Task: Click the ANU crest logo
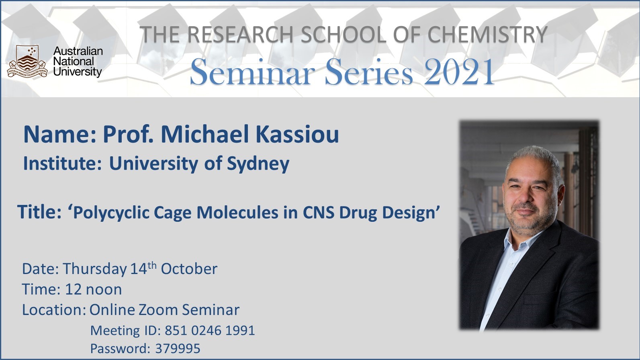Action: (x=27, y=61)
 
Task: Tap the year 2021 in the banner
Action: (x=459, y=72)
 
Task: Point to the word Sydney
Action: (x=258, y=164)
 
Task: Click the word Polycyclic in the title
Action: (x=111, y=213)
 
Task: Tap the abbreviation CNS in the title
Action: (x=318, y=213)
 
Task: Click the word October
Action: (x=189, y=269)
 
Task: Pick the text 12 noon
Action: (x=94, y=289)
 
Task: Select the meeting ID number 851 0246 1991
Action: (x=210, y=331)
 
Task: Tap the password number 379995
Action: (x=178, y=349)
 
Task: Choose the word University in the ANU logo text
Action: (x=78, y=72)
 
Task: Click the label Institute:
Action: (x=63, y=164)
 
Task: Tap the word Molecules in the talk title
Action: (x=237, y=213)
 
